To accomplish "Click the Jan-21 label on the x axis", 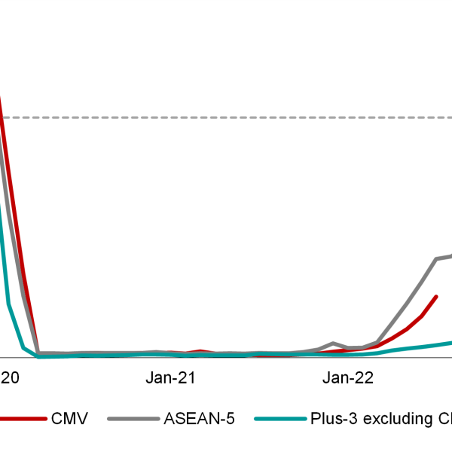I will [x=171, y=378].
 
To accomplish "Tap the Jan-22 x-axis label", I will [x=349, y=378].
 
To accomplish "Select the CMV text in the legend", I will [x=70, y=419].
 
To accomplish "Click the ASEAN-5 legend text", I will [x=199, y=419].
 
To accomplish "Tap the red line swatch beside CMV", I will [x=23, y=419].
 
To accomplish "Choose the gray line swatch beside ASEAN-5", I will [x=133, y=419].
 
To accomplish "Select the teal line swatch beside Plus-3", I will [x=279, y=419].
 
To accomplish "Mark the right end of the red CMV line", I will [x=436, y=297].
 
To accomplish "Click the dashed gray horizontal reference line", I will [x=226, y=118].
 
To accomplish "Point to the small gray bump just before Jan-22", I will [x=334, y=343].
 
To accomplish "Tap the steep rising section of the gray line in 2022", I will [x=407, y=301].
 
